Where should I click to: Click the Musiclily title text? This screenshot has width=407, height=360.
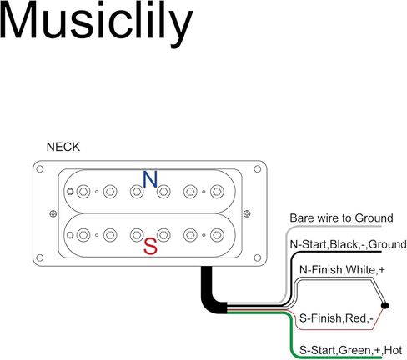[x=96, y=22]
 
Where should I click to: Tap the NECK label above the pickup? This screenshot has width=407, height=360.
[x=63, y=147]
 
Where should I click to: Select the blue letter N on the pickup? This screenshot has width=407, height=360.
[x=150, y=179]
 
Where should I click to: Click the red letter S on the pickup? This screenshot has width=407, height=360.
[x=150, y=247]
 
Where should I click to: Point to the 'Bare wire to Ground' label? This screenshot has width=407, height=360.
[x=341, y=217]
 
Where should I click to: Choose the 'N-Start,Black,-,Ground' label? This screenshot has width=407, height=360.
[x=348, y=244]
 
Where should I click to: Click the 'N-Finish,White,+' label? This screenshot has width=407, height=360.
[x=342, y=270]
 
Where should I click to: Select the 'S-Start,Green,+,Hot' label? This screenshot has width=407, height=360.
[x=350, y=350]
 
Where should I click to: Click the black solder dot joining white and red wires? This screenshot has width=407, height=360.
[x=384, y=305]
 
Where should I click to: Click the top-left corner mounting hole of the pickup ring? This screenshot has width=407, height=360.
[x=40, y=169]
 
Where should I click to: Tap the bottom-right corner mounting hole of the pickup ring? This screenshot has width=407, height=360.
[x=258, y=257]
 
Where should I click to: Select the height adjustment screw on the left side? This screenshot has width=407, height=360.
[x=53, y=213]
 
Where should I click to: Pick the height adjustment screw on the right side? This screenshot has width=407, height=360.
[x=247, y=213]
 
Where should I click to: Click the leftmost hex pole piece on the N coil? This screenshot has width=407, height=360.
[x=83, y=192]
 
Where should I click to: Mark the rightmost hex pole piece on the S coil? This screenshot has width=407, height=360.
[x=217, y=235]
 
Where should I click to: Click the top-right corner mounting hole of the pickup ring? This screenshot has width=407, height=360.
[x=258, y=169]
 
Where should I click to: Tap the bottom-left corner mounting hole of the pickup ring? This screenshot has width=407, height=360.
[x=40, y=257]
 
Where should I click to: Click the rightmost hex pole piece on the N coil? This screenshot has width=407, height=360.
[x=217, y=192]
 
